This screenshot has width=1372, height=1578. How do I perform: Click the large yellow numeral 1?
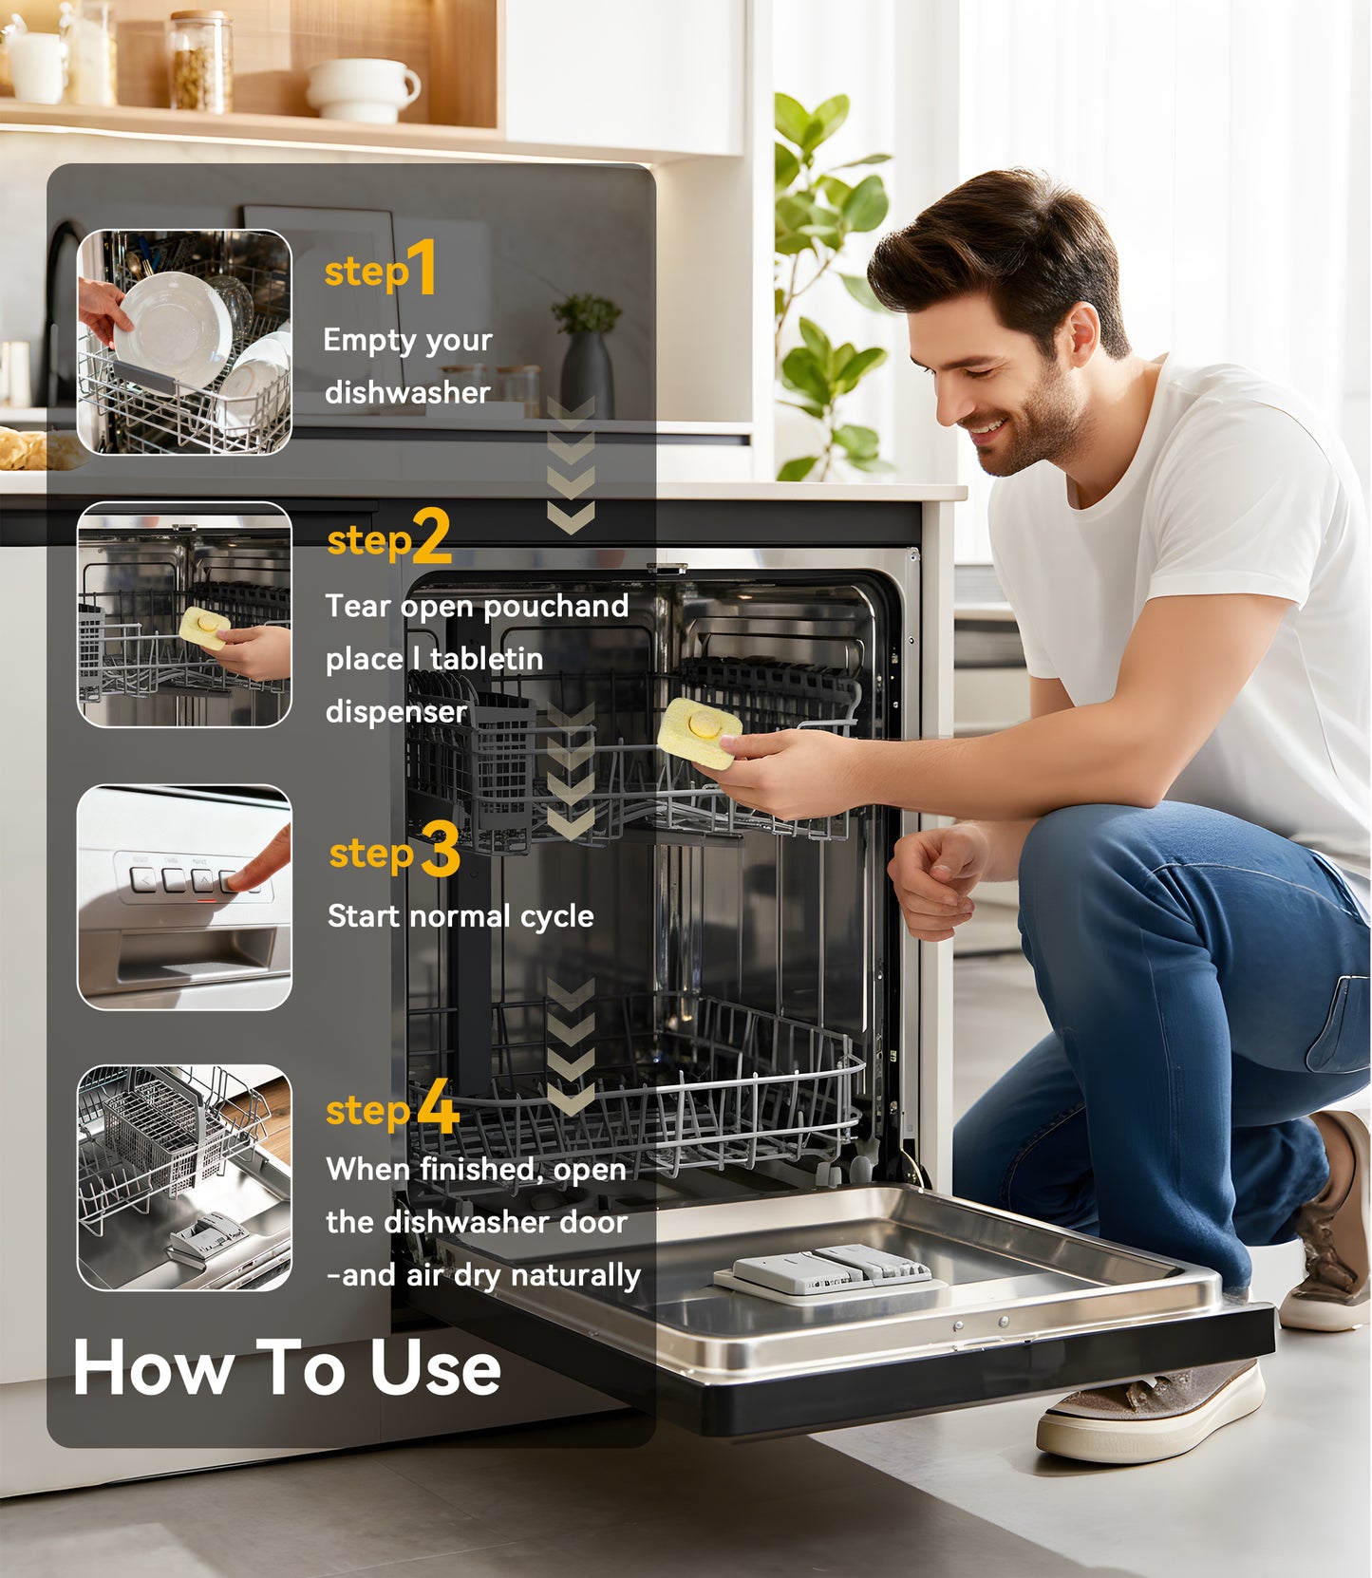tap(423, 267)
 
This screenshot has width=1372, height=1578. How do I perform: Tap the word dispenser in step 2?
tap(396, 711)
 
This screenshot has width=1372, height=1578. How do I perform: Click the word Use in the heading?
tap(434, 1368)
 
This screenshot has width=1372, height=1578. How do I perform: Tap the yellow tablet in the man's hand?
tap(699, 731)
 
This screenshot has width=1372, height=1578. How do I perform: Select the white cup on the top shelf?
tap(363, 89)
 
